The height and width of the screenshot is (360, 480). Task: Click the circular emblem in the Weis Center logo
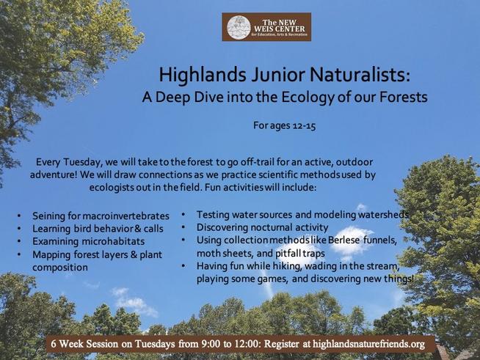pyautogui.click(x=239, y=28)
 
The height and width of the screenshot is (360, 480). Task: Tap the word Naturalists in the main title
pyautogui.click(x=360, y=74)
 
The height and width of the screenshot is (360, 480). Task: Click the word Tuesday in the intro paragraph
pyautogui.click(x=81, y=162)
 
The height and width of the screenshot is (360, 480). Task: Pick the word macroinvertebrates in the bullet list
pyautogui.click(x=126, y=216)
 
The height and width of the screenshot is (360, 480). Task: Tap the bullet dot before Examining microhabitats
pyautogui.click(x=19, y=241)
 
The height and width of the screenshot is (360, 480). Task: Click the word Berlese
pyautogui.click(x=343, y=240)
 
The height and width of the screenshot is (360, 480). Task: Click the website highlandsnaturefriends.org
pyautogui.click(x=368, y=344)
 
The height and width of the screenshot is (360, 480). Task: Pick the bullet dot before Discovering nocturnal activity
pyautogui.click(x=183, y=227)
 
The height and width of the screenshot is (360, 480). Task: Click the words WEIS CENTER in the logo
pyautogui.click(x=280, y=29)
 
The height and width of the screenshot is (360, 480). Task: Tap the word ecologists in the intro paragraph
pyautogui.click(x=111, y=187)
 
